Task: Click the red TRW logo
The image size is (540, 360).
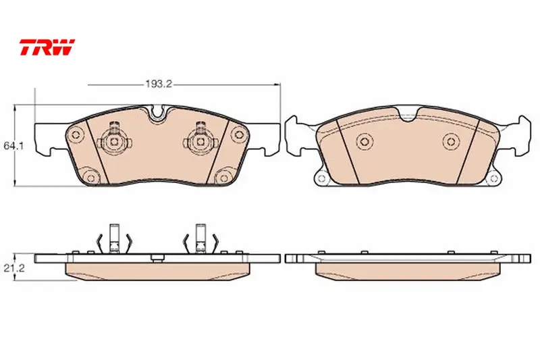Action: click(x=47, y=47)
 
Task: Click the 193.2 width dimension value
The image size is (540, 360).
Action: click(x=159, y=84)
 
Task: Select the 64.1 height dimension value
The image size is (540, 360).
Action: click(x=13, y=146)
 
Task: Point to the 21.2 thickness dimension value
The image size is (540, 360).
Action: click(x=14, y=268)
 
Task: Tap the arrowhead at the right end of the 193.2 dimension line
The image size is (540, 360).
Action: click(x=277, y=84)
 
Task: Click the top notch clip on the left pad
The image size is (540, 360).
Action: click(x=158, y=113)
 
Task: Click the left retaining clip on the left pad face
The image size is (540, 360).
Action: click(x=114, y=140)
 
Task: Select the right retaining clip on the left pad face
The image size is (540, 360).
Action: click(x=200, y=140)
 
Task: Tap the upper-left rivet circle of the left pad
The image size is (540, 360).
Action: click(x=76, y=134)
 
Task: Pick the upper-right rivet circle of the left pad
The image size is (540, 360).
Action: click(x=238, y=134)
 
